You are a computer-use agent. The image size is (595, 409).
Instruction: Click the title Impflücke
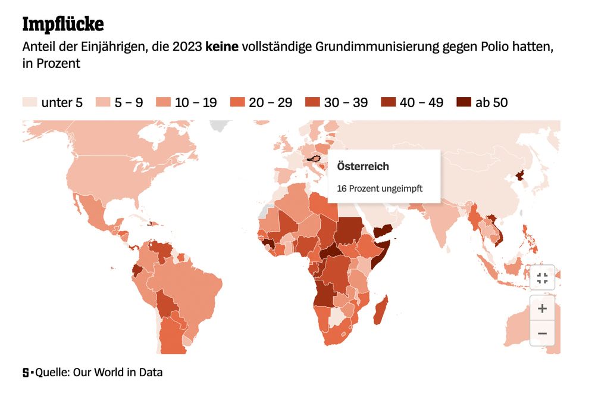point(62,24)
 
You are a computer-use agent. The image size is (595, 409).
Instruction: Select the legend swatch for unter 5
point(29,102)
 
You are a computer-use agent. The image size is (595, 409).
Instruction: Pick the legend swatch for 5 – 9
point(103,102)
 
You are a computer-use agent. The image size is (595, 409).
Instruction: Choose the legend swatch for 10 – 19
point(164,102)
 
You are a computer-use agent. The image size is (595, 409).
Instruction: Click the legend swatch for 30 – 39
point(312,102)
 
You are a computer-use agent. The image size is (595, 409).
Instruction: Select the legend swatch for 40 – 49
point(388,102)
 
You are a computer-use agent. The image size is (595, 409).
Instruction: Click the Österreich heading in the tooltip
point(363,166)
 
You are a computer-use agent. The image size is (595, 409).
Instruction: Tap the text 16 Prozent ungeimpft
point(380,188)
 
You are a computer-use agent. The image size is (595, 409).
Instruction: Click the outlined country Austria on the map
point(314,159)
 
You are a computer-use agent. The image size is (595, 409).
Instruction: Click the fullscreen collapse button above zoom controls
point(542,278)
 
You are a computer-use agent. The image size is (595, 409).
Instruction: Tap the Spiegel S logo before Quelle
point(26,373)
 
